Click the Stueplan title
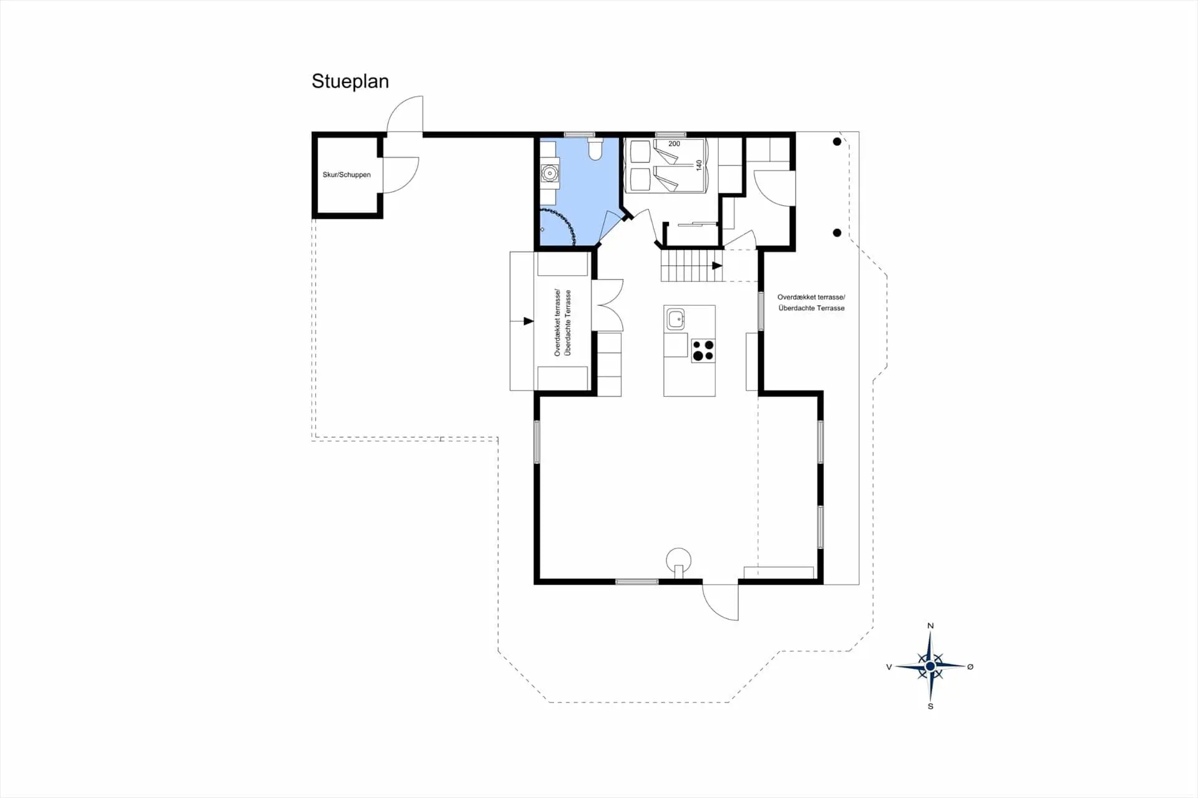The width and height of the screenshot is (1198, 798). [350, 82]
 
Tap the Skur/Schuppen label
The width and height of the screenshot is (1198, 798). [346, 175]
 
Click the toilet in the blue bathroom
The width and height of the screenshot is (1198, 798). [595, 148]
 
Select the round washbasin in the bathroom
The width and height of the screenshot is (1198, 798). [550, 173]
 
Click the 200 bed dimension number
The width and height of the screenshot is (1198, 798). [674, 144]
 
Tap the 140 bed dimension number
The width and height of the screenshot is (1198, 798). [699, 165]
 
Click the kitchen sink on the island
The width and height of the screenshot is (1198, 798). [676, 319]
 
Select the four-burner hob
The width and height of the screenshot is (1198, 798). [703, 351]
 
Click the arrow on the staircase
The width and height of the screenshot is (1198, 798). [718, 266]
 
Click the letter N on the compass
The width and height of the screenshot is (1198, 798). [930, 626]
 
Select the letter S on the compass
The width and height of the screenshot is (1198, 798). [930, 706]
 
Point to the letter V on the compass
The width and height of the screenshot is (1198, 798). [889, 667]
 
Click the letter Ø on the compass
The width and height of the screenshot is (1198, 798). [970, 666]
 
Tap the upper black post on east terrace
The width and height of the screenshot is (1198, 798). [837, 142]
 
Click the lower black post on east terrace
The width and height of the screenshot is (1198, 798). [837, 233]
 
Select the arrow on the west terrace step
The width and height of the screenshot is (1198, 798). [528, 321]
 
